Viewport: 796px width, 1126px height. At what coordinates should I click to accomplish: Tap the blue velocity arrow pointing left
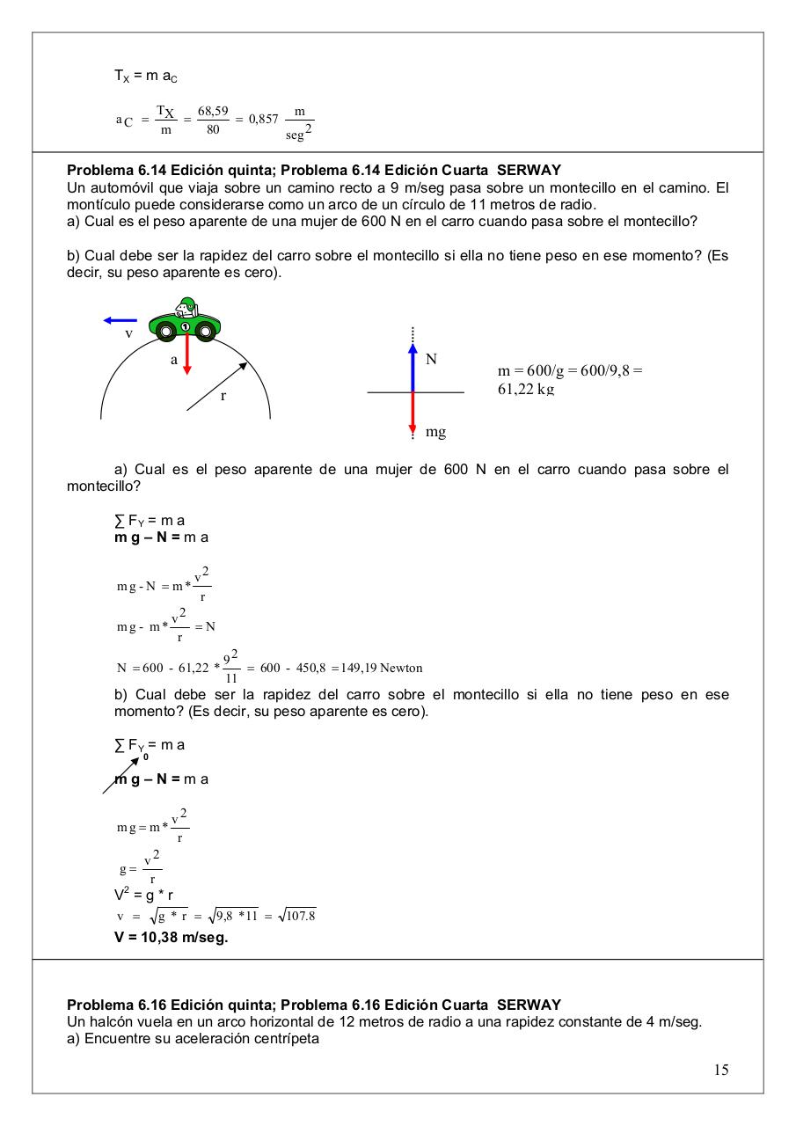pos(120,321)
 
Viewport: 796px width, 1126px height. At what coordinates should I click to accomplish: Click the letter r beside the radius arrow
pos(223,397)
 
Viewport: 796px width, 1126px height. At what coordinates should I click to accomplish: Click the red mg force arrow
pos(413,413)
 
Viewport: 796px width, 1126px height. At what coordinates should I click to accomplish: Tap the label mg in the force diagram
pos(435,432)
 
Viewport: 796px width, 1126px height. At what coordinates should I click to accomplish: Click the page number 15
pos(721,1070)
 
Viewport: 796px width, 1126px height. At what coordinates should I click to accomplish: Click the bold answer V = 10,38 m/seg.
pos(171,937)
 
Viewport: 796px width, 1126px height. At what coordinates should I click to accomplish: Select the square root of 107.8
pos(296,916)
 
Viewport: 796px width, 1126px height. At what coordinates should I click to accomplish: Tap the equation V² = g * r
pos(144,896)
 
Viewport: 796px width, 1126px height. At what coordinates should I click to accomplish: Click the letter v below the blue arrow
pos(128,333)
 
